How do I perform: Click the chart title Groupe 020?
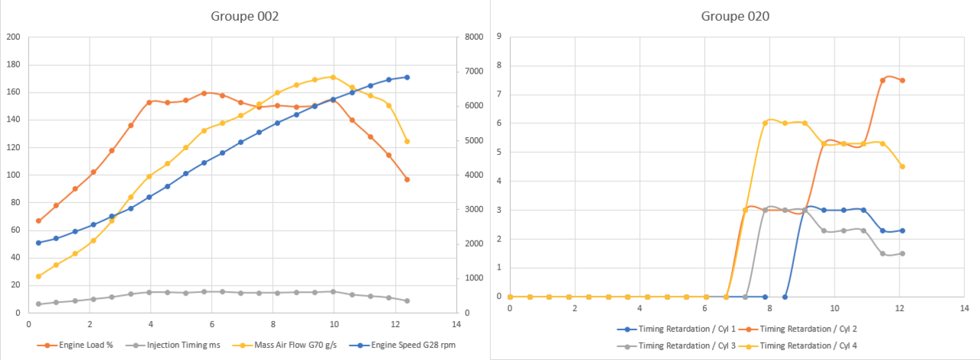point(735,16)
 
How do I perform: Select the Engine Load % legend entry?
point(80,345)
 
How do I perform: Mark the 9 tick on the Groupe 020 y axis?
point(499,37)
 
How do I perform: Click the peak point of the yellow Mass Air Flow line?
point(333,77)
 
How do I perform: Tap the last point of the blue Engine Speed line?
point(407,77)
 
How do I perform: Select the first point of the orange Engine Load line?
point(38,221)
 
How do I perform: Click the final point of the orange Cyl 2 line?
point(903,80)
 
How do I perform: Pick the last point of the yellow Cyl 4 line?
point(903,166)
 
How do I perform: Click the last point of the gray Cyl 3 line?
point(903,254)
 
